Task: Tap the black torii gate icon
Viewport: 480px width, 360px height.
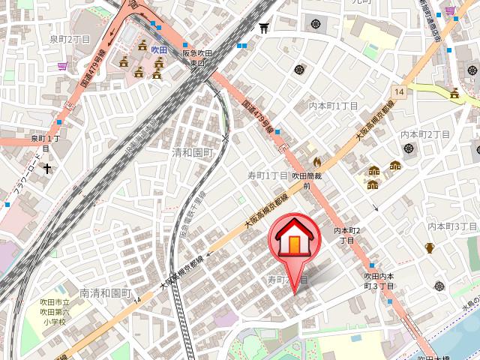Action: click(263, 28)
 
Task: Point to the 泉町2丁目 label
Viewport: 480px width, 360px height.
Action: click(70, 38)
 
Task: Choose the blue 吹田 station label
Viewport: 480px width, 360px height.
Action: click(159, 49)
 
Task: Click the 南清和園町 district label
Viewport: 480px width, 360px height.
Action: click(106, 293)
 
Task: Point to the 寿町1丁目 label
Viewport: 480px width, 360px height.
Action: click(268, 175)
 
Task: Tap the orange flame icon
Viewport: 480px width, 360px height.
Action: click(316, 160)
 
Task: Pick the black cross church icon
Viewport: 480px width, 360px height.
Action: click(47, 169)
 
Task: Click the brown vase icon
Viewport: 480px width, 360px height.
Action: click(430, 247)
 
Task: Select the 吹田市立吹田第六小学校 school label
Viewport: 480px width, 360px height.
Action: click(54, 311)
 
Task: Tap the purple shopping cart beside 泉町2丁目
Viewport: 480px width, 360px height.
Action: click(61, 66)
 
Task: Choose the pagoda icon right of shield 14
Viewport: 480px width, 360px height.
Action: click(454, 94)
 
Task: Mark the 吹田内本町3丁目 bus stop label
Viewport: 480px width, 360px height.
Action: click(374, 281)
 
